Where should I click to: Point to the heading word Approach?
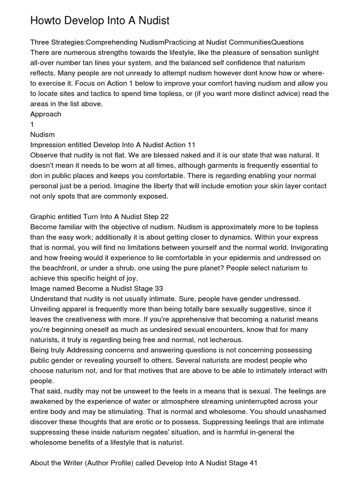(x=45, y=114)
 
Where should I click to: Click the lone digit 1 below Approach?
(x=32, y=124)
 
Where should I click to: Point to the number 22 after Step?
(x=164, y=217)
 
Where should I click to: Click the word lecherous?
(x=225, y=340)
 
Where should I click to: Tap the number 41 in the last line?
(x=253, y=464)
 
